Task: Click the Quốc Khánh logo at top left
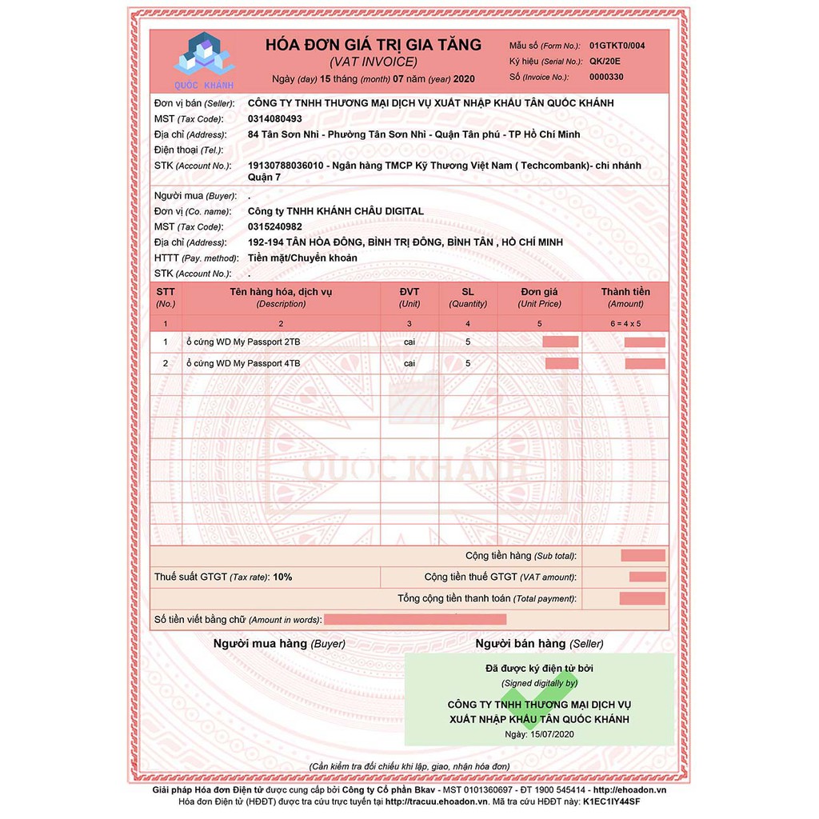203,59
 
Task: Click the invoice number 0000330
606,77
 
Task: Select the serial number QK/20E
604,61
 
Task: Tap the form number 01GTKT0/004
616,46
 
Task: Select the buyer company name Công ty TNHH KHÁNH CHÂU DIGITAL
336,211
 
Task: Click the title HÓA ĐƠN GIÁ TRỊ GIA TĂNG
374,45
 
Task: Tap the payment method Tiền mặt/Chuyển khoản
303,258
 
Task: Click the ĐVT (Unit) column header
409,298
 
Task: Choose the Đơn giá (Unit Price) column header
539,298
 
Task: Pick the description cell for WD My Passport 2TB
243,342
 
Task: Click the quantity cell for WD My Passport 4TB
468,363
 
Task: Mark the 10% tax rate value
282,577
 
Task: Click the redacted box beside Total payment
641,598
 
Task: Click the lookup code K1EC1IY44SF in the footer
612,801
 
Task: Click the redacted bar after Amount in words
415,619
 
